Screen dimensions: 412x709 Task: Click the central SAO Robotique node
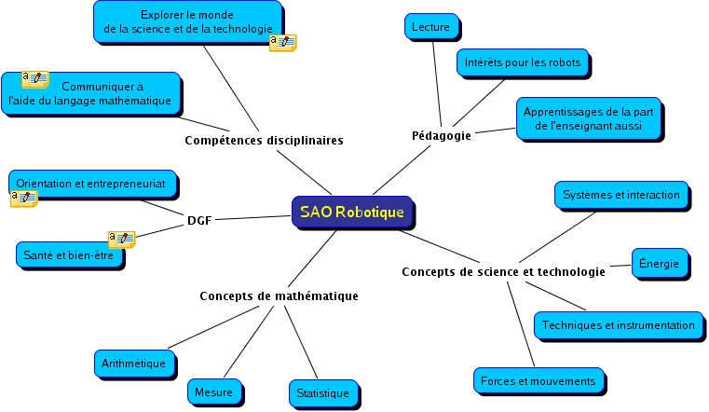352,213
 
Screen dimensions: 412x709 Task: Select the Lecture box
430,27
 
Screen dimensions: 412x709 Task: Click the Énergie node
661,263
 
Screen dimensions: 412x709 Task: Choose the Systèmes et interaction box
621,195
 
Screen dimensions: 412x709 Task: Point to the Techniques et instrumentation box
619,325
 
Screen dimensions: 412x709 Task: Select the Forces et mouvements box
539,381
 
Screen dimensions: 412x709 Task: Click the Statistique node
322,393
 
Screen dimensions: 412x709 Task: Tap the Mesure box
214,392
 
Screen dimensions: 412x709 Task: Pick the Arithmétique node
135,364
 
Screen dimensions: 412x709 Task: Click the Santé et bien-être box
69,255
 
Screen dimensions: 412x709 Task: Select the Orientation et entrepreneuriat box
91,185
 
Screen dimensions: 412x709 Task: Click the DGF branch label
199,221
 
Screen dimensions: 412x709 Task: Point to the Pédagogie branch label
442,135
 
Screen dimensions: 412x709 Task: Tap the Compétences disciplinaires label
264,141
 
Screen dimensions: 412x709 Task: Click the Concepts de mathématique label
279,295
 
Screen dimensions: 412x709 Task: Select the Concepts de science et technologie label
503,272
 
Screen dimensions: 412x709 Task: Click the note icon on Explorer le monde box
282,43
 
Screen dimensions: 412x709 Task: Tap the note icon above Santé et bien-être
121,239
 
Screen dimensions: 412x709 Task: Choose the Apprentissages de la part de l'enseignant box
590,118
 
